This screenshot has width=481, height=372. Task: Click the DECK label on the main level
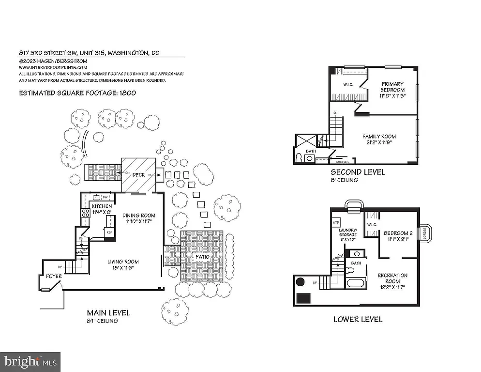[x=139, y=174]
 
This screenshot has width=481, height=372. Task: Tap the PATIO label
[x=202, y=256]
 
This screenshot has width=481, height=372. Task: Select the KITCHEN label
[x=102, y=206]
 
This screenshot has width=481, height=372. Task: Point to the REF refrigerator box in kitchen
[x=109, y=232]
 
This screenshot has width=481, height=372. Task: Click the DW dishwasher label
[x=105, y=197]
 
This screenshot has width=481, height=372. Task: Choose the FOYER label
[x=47, y=277]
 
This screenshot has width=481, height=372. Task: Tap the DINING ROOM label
[x=138, y=216]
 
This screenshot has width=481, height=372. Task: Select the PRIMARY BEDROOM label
[x=392, y=87]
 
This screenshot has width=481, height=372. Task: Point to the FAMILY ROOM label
[x=379, y=137]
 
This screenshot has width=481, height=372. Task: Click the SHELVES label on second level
[x=343, y=162]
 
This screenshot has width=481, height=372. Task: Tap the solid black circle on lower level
[x=300, y=281]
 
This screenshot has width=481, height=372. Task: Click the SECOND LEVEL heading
[x=358, y=172]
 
